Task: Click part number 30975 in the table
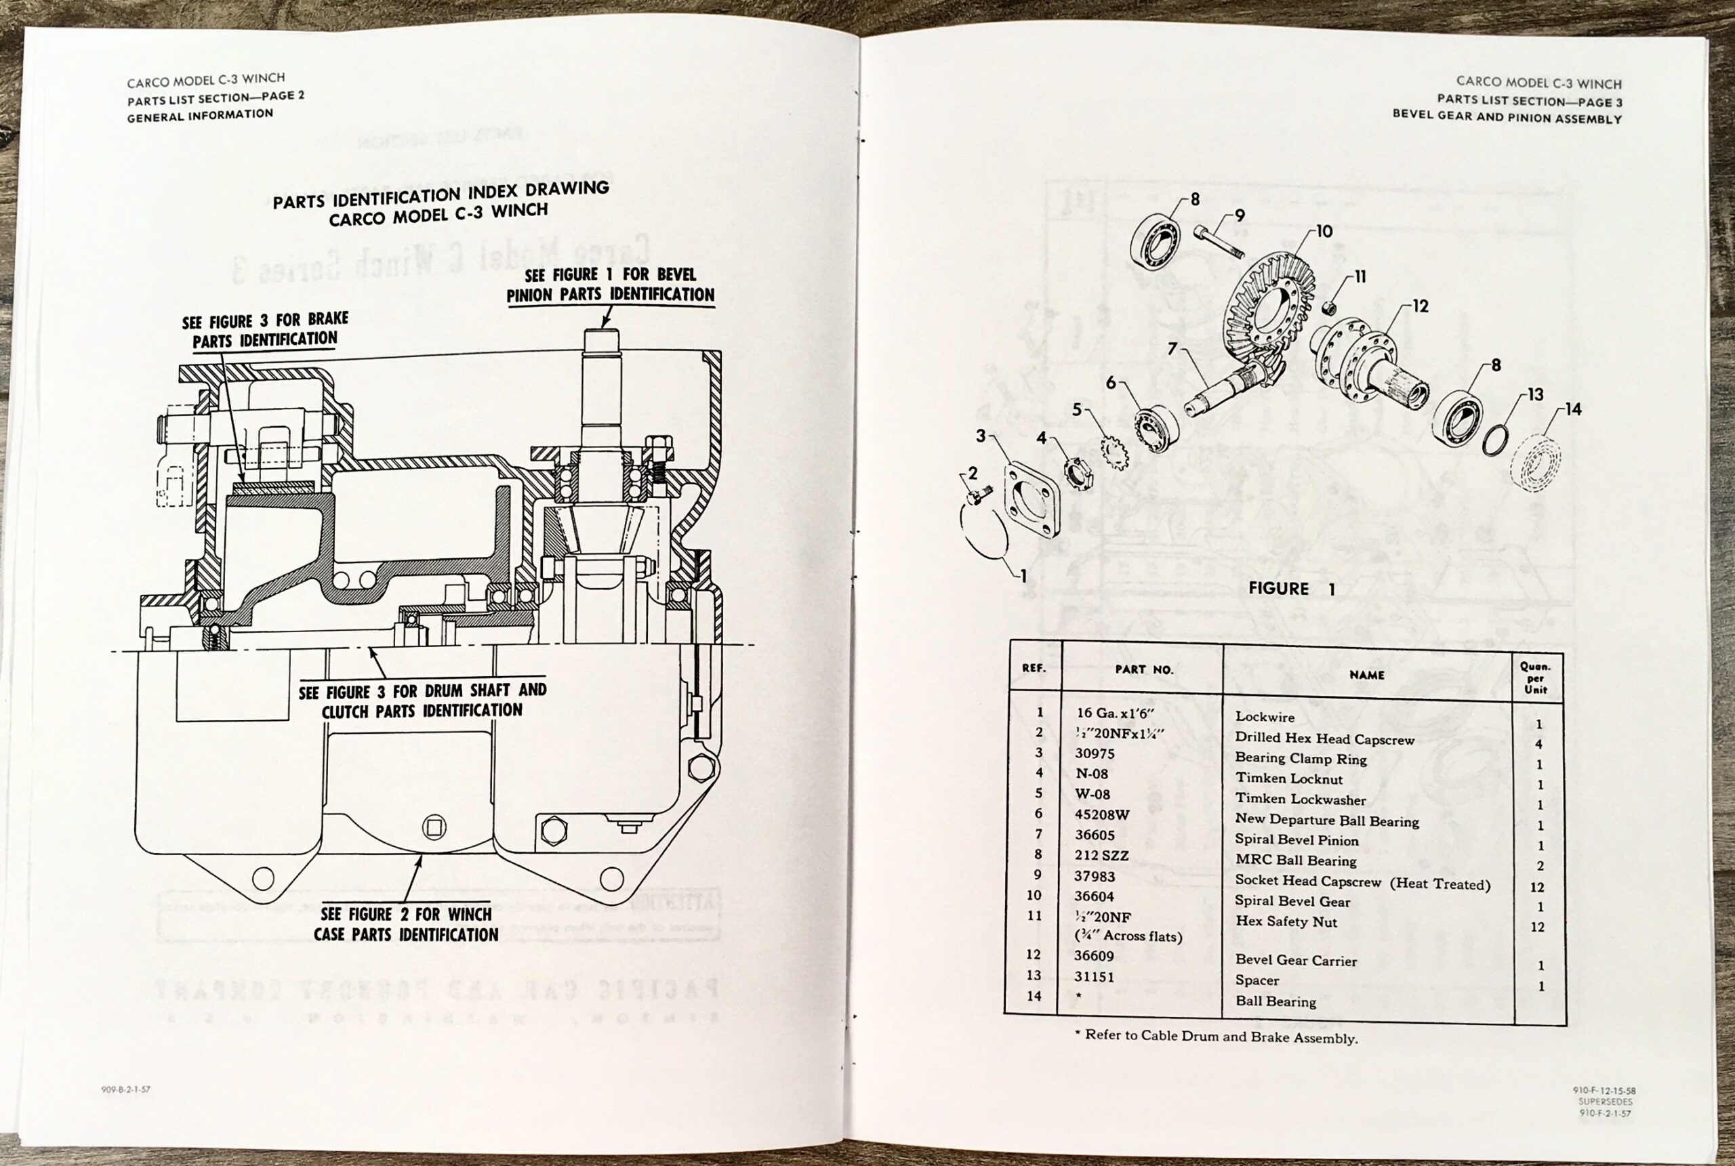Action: [x=1094, y=754]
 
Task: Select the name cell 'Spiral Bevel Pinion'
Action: [x=1297, y=839]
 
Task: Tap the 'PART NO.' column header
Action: [x=1143, y=669]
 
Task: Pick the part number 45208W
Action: [x=1101, y=815]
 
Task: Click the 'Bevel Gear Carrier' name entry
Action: [x=1295, y=961]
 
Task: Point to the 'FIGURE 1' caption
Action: [x=1291, y=589]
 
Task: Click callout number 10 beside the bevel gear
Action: [x=1324, y=232]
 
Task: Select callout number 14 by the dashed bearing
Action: [x=1572, y=409]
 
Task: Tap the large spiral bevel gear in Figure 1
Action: [x=1268, y=305]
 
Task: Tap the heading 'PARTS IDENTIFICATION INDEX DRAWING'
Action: [x=441, y=195]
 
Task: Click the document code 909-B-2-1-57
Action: [x=125, y=1089]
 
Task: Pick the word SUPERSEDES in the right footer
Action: [x=1606, y=1102]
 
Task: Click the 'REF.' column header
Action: [x=1034, y=668]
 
